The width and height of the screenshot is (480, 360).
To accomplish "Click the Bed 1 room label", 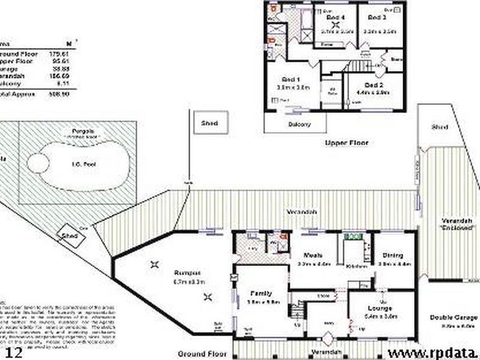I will [292, 80].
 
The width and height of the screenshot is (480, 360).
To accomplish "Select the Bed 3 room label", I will [376, 17].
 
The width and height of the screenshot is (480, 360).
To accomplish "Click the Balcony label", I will [300, 124].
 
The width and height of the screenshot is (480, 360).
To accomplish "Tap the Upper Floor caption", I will [346, 143].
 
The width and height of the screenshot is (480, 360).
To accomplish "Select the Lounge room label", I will [379, 308].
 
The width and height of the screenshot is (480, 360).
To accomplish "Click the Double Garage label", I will [454, 317].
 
